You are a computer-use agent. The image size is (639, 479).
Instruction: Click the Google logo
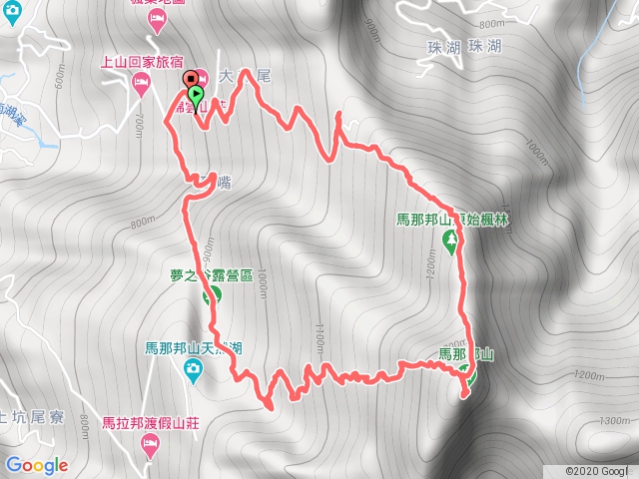(x=37, y=465)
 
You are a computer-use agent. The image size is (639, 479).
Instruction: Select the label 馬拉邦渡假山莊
(x=151, y=423)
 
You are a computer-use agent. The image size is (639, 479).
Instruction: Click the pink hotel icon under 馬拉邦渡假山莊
(x=151, y=445)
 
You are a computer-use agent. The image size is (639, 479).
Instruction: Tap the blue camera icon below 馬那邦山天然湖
(x=195, y=372)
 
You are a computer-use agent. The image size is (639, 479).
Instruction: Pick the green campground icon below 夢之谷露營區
(x=212, y=295)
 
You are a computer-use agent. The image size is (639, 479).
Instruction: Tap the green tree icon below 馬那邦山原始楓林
(x=449, y=239)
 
